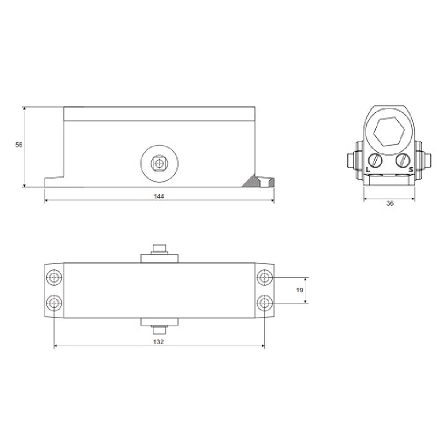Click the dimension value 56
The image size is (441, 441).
coord(19,145)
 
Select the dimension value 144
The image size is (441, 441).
coord(159,196)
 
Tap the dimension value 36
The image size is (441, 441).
coord(390,203)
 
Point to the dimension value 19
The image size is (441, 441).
coord(299,290)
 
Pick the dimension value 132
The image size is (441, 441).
coord(158,342)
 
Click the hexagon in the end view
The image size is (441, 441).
coord(389,132)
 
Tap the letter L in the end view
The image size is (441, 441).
coord(368,170)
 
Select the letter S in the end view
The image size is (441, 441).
coord(411,170)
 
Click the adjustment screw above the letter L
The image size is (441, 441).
coord(375,161)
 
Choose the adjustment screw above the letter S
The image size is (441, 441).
coord(403,161)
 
